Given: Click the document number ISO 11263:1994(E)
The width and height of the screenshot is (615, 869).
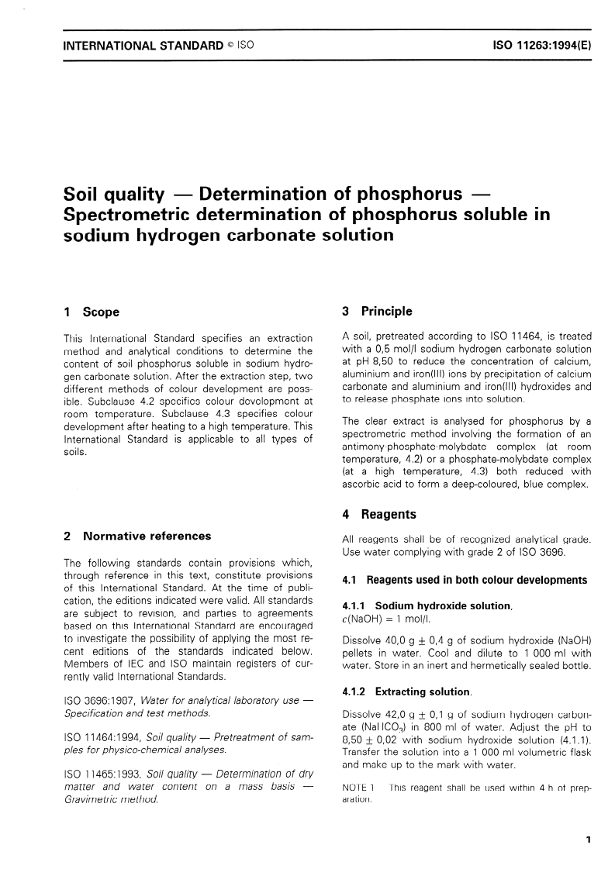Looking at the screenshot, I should click(542, 46).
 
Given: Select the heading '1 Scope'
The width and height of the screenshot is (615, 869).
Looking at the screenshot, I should click(92, 312).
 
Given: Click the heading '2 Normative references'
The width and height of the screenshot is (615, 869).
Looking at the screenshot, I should click(137, 536).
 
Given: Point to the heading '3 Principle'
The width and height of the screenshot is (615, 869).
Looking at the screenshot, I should click(377, 312).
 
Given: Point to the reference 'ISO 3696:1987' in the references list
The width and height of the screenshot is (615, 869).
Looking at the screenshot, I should click(96, 701).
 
